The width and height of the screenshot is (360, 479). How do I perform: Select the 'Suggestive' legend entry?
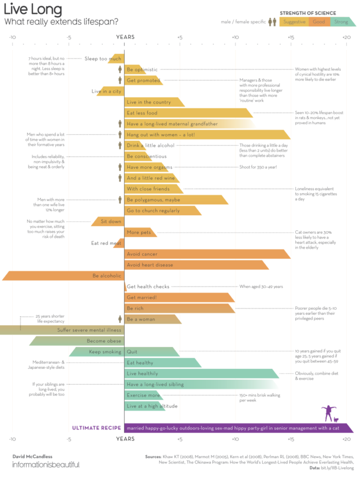(294, 22)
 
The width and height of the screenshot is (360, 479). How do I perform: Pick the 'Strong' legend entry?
(341, 22)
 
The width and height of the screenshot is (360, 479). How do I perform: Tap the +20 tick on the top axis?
(346, 37)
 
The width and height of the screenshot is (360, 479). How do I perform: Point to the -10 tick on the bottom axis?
(12, 439)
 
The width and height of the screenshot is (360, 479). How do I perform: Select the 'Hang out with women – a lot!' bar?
(206, 135)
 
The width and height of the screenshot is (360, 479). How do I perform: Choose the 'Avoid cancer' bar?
(206, 254)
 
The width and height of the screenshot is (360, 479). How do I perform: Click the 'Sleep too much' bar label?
(103, 59)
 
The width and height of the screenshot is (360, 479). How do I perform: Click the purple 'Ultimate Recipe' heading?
(97, 428)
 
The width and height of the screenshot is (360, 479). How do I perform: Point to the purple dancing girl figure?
(328, 413)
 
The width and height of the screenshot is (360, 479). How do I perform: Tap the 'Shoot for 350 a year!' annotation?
(258, 167)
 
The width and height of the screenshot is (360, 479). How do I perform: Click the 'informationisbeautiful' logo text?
(45, 465)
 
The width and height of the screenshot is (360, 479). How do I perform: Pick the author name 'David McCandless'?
(32, 456)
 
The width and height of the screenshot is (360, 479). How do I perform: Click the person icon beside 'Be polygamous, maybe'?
(120, 200)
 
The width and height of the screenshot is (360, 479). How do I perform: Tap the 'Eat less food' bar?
(187, 113)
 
